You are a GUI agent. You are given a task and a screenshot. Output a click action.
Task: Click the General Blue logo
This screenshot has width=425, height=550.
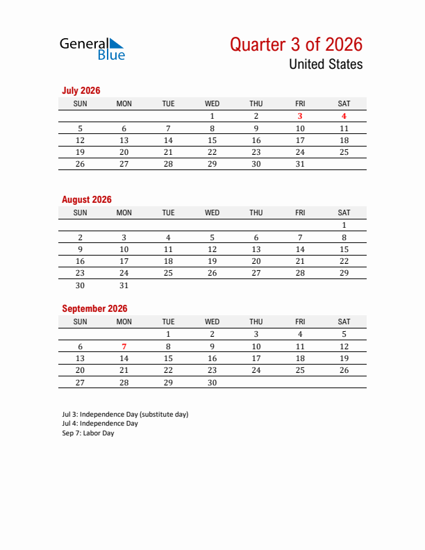coord(92,48)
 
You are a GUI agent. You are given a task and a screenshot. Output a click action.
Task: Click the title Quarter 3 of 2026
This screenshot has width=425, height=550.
coord(296,44)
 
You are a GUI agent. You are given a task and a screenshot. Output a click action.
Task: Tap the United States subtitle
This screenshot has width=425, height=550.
coord(325,65)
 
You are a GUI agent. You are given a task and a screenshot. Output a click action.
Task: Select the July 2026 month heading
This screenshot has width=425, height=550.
coord(81,90)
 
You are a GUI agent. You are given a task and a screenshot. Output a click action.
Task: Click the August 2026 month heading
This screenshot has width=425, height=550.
coord(87,199)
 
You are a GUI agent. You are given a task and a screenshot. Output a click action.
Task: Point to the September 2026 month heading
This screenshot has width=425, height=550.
coord(94,308)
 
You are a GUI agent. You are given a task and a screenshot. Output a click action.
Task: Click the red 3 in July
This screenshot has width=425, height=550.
coord(300,116)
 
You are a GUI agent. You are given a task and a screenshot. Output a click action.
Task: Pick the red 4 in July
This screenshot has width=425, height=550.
coord(344,116)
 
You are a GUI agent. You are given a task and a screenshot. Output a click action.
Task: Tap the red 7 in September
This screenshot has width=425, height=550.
coord(124,347)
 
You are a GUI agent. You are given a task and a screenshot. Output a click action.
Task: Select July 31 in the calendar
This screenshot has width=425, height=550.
coord(300,164)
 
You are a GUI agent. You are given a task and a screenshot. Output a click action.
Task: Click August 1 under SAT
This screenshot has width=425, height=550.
coord(344,225)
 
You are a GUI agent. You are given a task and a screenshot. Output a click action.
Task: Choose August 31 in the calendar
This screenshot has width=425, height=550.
coord(124,285)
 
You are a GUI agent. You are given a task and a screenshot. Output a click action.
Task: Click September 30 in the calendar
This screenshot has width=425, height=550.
coord(212,383)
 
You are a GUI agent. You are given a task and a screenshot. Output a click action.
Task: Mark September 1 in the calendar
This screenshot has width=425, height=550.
coord(168,334)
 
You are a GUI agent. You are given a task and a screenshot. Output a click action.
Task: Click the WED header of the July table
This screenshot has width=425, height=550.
coord(212,103)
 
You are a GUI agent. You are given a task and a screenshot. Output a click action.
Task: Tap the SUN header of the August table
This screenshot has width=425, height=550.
coord(81,212)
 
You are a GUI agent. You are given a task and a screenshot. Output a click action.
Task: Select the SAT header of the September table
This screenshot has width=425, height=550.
coord(344,322)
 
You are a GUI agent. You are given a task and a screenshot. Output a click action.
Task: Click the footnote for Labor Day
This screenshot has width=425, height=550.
coord(88,433)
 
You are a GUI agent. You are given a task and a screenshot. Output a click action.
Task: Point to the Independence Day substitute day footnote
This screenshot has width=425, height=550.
coord(125,415)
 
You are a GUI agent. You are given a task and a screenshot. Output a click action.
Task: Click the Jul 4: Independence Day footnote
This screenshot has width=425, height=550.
coord(100,424)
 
